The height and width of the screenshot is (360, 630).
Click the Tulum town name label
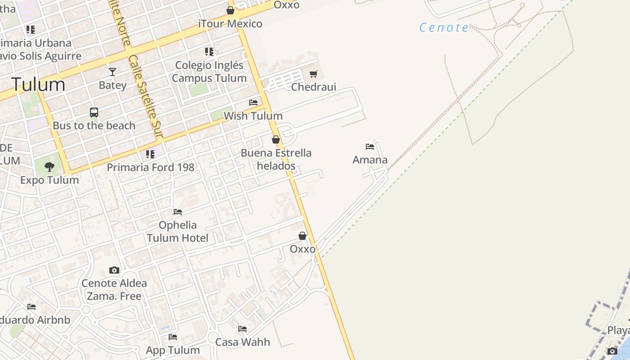click(38, 85)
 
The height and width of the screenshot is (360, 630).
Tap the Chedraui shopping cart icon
click(314, 74)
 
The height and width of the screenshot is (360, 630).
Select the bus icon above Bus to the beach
click(94, 112)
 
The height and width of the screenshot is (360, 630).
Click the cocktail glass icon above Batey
click(112, 72)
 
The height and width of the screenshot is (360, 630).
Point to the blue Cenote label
click(444, 28)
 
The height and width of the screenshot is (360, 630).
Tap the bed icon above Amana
click(370, 147)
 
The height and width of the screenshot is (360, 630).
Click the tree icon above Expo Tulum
click(49, 167)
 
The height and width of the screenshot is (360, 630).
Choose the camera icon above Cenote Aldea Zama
click(114, 270)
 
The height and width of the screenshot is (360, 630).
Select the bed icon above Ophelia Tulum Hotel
click(178, 212)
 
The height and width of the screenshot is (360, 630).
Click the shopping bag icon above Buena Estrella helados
click(276, 139)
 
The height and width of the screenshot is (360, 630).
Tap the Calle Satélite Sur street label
click(145, 96)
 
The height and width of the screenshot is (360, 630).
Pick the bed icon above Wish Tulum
click(253, 103)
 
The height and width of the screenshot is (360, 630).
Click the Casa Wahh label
click(243, 342)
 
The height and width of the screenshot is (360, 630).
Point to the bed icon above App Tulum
click(173, 337)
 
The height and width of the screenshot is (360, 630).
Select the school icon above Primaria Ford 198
click(150, 154)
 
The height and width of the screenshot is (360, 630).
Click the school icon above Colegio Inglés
click(209, 52)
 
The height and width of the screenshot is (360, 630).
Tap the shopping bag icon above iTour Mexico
click(230, 10)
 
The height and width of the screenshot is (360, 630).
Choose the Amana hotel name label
click(370, 160)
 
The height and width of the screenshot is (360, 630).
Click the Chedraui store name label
click(314, 87)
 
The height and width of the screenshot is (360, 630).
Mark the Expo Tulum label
click(49, 180)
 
